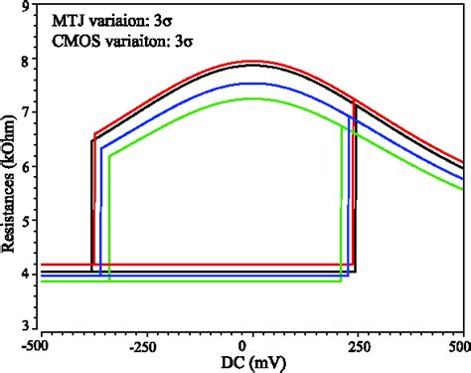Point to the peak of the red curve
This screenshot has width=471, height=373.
(255, 62)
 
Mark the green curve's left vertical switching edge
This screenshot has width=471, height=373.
(110, 219)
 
